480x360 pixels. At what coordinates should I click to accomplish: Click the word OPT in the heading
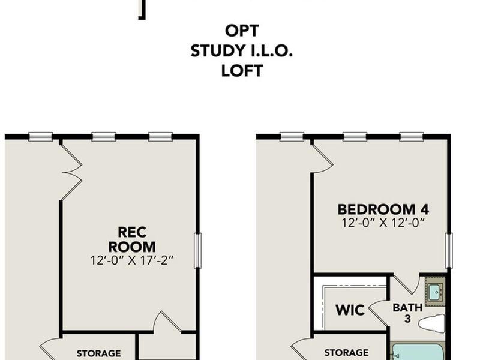pos(242,31)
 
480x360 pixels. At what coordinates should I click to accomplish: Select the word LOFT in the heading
pos(242,71)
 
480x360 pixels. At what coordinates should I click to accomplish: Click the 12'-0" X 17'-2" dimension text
pos(137,261)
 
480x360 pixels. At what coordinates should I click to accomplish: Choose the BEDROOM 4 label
pos(383,209)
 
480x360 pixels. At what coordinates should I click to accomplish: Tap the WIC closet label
pos(350,310)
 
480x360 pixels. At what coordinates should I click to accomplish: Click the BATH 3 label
pos(407,313)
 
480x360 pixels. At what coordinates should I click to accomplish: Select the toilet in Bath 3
pos(431,323)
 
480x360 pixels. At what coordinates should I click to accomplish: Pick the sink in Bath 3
pos(434,292)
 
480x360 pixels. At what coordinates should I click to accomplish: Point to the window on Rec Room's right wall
pos(197,250)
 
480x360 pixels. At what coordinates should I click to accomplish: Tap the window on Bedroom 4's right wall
pos(448,250)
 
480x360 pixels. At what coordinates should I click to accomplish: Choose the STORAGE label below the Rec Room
pos(98,353)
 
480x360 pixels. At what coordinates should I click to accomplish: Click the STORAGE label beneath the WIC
pos(346,353)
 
